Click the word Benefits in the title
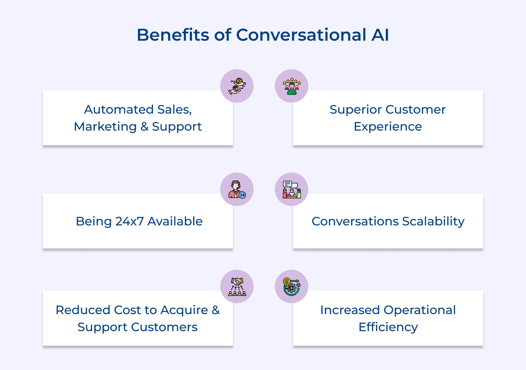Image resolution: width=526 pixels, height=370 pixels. (x=173, y=35)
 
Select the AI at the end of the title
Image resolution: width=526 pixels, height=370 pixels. (x=380, y=35)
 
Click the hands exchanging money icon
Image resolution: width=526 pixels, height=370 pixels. (x=237, y=86)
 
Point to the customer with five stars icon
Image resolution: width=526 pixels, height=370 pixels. (x=292, y=86)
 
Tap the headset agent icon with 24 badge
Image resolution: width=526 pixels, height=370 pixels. (x=237, y=189)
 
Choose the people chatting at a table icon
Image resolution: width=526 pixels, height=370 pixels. (x=292, y=189)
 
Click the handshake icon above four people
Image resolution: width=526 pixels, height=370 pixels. (x=237, y=286)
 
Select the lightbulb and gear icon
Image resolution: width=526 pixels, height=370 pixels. (x=292, y=286)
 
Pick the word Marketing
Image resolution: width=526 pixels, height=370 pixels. (x=105, y=127)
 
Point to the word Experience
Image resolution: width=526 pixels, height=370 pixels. (x=388, y=127)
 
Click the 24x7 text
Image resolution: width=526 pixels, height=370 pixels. (x=130, y=221)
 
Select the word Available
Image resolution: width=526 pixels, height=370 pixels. (x=175, y=221)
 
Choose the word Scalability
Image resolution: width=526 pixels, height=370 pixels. (x=433, y=222)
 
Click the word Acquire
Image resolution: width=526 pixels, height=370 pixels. (x=184, y=310)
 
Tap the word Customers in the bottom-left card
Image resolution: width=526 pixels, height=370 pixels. (x=164, y=327)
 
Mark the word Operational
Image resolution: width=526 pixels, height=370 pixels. (x=419, y=310)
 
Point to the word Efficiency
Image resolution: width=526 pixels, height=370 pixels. (x=388, y=327)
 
